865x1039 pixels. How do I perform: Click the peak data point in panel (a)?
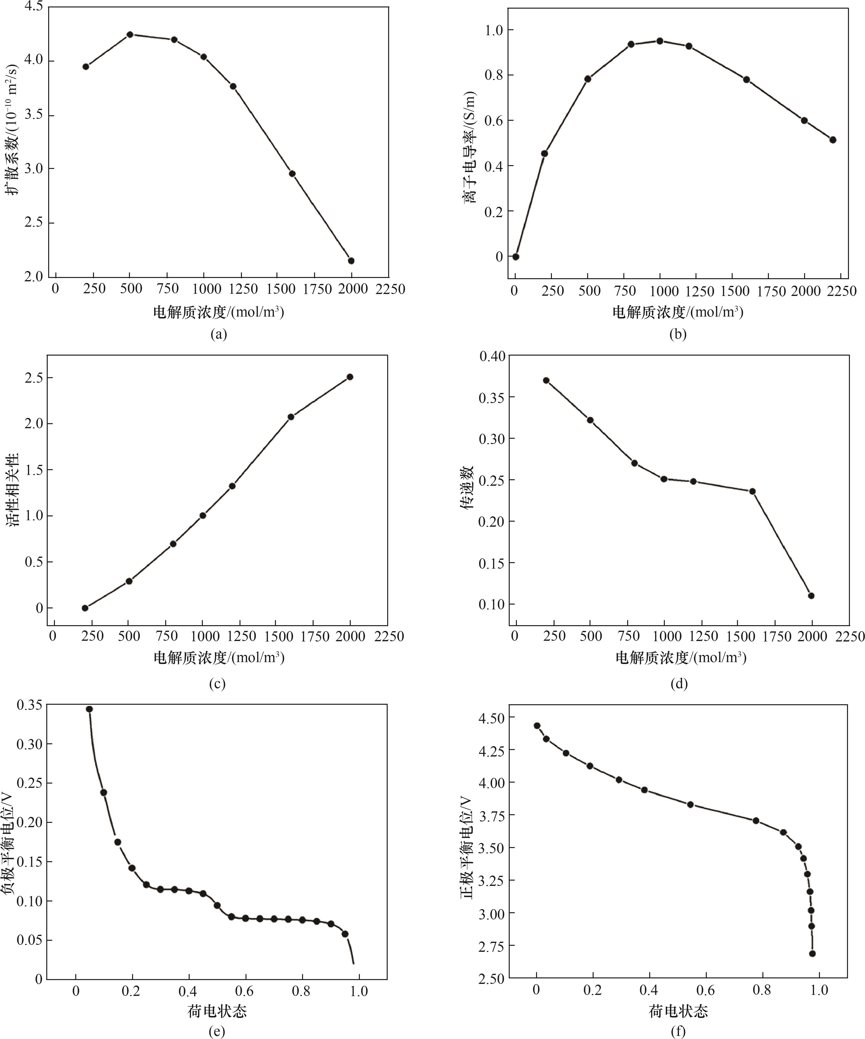(130, 34)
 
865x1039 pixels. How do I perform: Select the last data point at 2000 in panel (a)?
(351, 261)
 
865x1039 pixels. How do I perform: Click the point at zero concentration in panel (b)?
(515, 256)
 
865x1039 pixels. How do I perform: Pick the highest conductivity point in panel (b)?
(660, 40)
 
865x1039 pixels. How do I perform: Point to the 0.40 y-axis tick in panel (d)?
(492, 356)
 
